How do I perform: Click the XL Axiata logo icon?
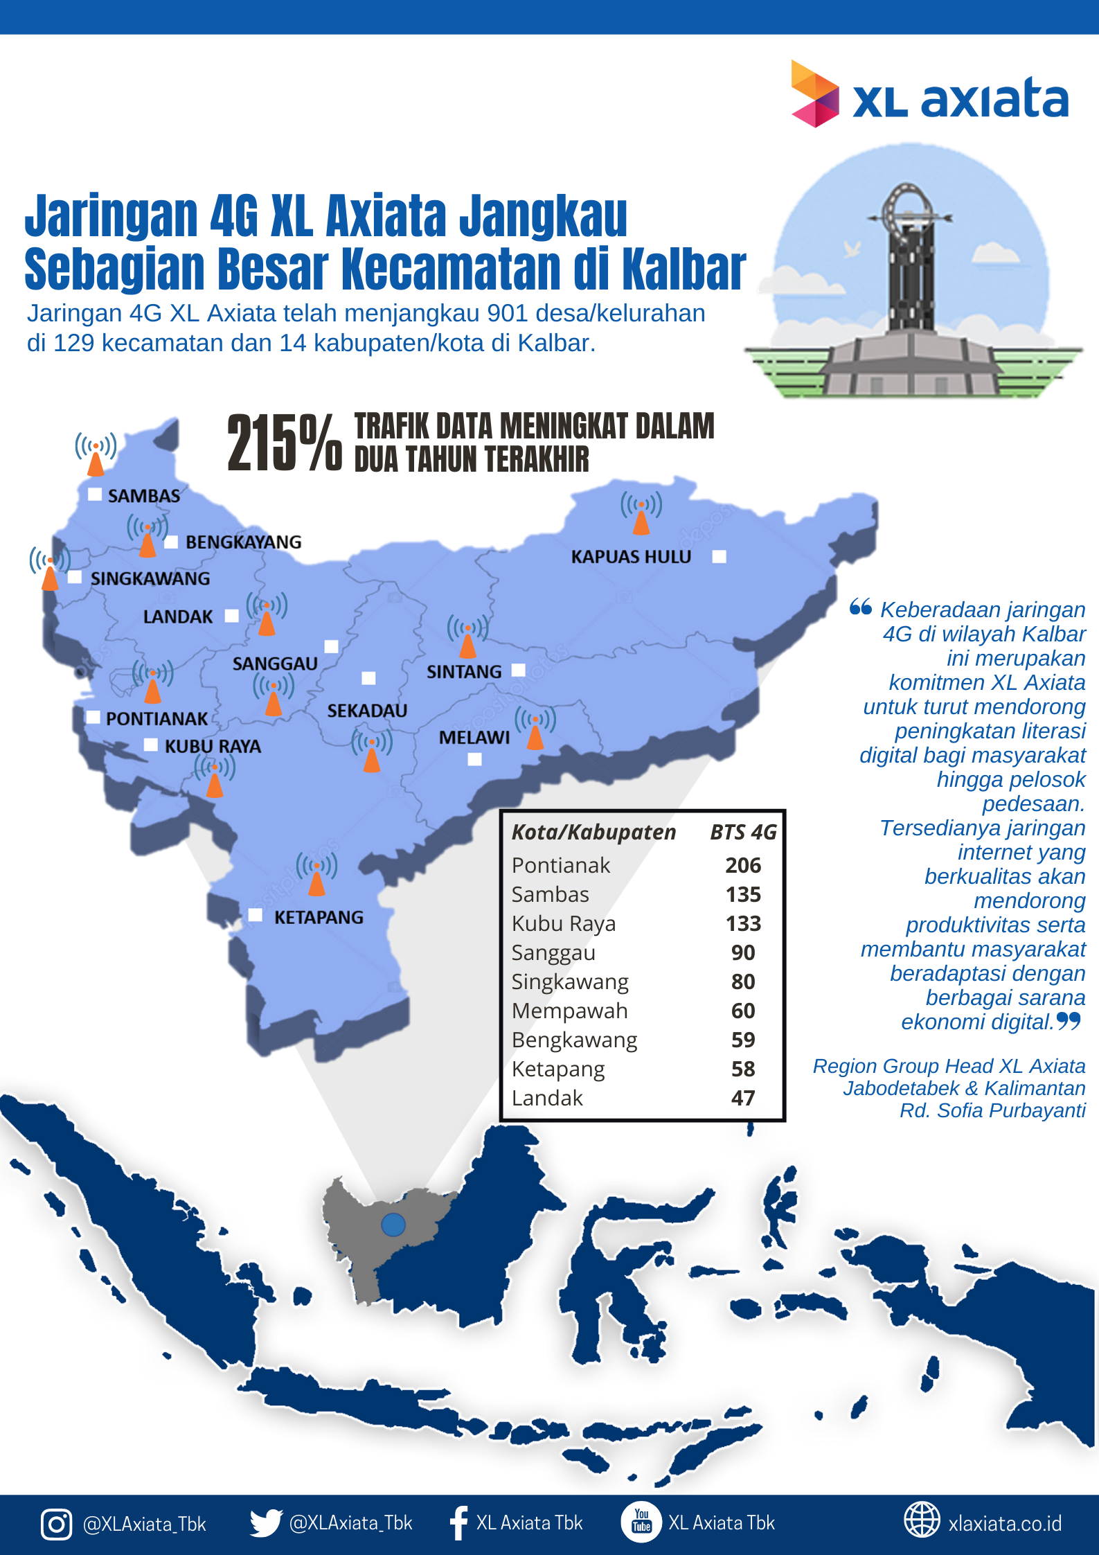(814, 94)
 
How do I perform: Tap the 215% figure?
(284, 444)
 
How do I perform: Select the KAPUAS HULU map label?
(631, 557)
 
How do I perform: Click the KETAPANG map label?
(319, 917)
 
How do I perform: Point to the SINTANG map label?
(464, 672)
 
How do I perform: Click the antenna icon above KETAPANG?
(316, 874)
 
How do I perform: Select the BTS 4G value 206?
(743, 865)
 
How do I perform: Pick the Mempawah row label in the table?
(569, 1011)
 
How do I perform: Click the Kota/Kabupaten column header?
(593, 832)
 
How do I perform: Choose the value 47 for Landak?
(743, 1098)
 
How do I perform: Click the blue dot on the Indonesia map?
(393, 1225)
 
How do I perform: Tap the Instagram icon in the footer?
(56, 1524)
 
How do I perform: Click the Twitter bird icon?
(265, 1523)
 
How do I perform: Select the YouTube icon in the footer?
(641, 1522)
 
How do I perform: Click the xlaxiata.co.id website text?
(1005, 1524)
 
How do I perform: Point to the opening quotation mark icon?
(861, 607)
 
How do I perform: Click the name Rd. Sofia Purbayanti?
(992, 1111)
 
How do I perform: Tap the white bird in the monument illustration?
(852, 248)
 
